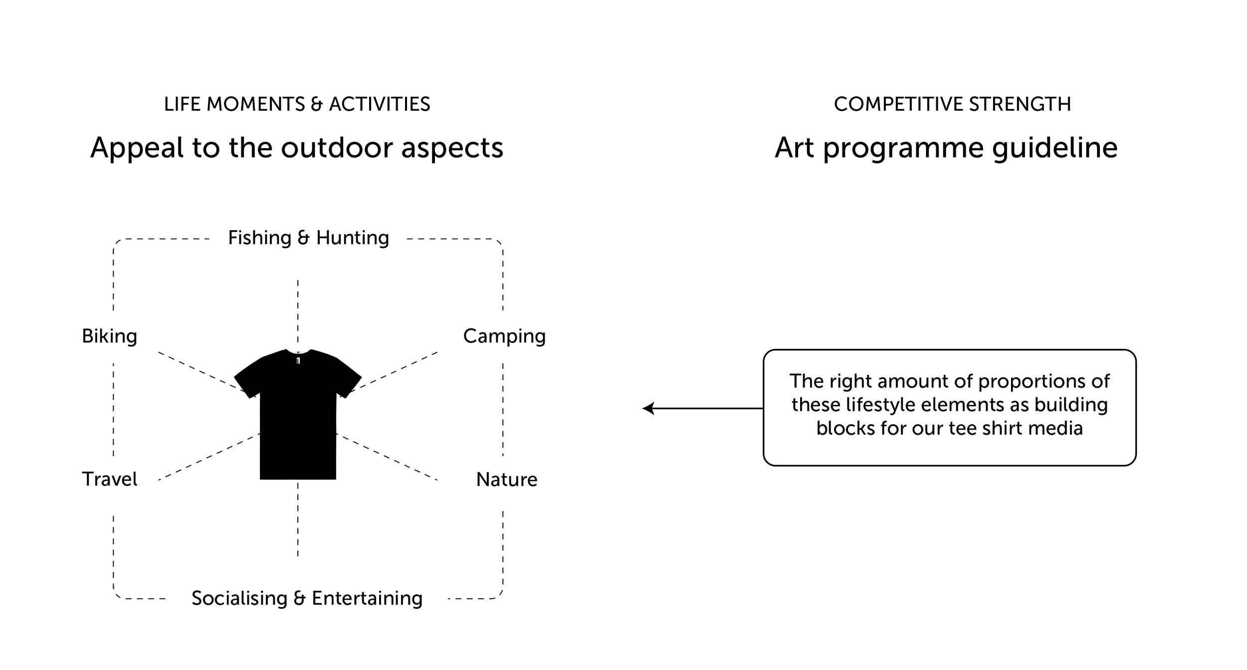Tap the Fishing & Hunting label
308,238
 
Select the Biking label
109,336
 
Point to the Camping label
504,336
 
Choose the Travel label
109,479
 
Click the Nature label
507,480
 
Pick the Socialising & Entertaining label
307,598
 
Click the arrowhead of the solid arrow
648,408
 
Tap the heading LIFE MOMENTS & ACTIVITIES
297,104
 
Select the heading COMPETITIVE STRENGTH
952,104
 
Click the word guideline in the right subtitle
1054,149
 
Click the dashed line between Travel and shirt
209,457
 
